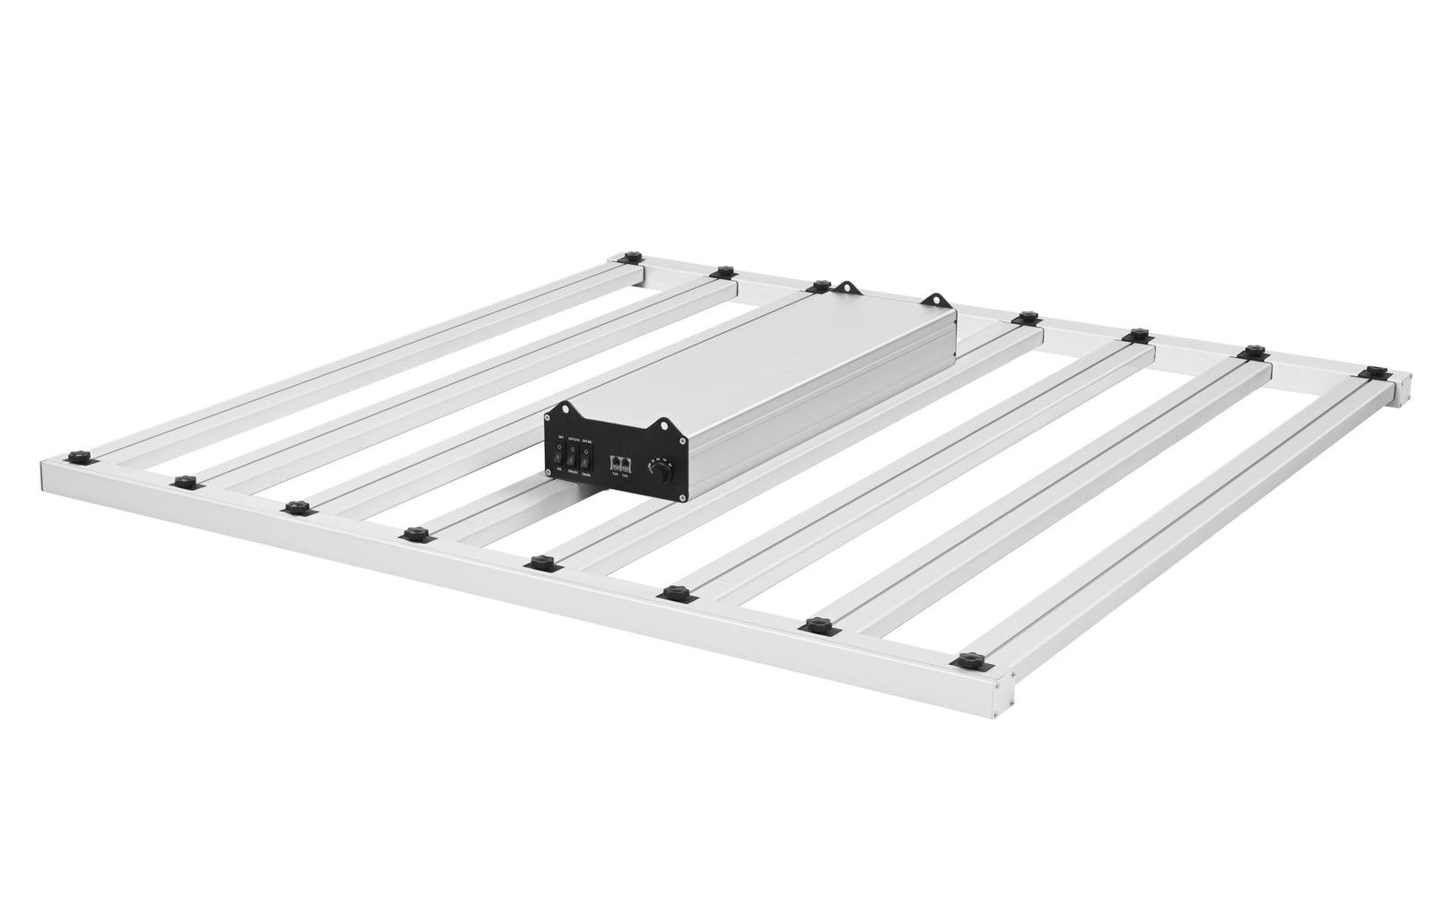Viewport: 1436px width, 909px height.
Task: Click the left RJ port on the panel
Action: click(x=615, y=463)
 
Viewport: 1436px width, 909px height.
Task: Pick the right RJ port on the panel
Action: click(x=626, y=464)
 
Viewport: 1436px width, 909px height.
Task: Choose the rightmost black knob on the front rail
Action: click(x=968, y=662)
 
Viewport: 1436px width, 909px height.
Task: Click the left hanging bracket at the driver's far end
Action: click(x=845, y=288)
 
